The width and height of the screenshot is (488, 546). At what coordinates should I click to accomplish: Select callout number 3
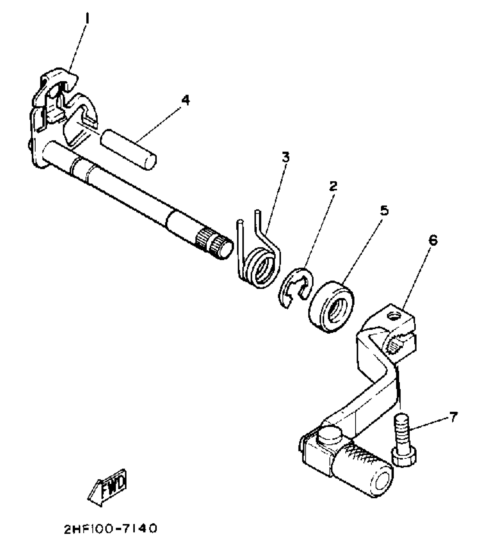(x=285, y=158)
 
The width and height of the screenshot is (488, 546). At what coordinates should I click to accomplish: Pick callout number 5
(x=384, y=211)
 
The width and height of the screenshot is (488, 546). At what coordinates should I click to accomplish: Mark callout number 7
(x=453, y=417)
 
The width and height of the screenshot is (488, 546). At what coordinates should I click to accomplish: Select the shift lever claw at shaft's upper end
(x=63, y=103)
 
